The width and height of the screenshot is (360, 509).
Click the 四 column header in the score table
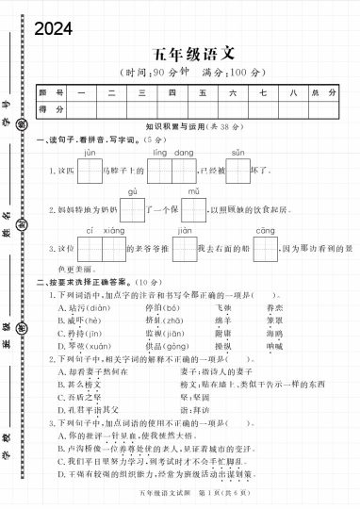[172, 92]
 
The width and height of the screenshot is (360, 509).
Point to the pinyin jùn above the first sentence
[90, 152]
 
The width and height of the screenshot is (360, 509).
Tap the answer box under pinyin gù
[133, 209]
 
